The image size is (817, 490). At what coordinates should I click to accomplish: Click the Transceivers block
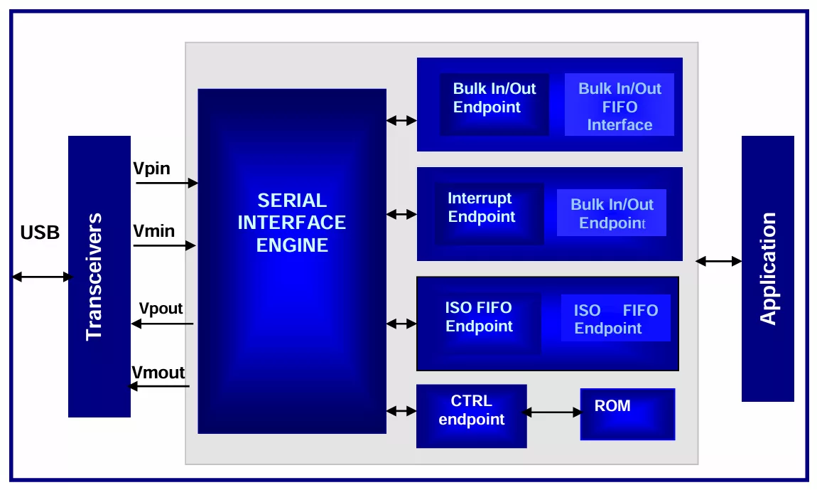click(x=99, y=276)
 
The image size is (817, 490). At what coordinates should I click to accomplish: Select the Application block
click(x=767, y=268)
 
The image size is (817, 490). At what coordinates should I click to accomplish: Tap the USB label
click(x=40, y=233)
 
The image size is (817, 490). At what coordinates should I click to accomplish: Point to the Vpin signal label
click(x=151, y=169)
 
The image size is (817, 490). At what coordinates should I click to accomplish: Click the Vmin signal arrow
click(x=164, y=246)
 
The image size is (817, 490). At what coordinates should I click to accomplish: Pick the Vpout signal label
click(x=161, y=309)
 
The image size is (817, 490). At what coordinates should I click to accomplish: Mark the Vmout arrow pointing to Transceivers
click(x=158, y=386)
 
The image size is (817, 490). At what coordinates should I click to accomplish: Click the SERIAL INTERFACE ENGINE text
click(x=291, y=223)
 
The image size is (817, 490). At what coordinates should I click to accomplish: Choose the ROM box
click(x=627, y=414)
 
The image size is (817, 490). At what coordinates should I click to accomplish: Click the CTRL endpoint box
click(x=471, y=416)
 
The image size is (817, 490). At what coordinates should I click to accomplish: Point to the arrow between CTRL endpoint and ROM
click(x=553, y=412)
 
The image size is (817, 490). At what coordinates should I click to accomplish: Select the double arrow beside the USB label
click(x=42, y=277)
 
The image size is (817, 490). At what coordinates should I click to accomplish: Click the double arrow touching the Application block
click(x=718, y=262)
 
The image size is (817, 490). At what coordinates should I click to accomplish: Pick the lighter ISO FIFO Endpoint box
click(x=615, y=318)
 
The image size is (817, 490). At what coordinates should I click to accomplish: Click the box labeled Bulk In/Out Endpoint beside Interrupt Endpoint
click(x=611, y=213)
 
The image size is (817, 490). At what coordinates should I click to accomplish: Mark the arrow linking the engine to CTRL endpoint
click(x=401, y=411)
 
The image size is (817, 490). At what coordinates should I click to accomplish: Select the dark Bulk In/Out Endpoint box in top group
click(x=494, y=105)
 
